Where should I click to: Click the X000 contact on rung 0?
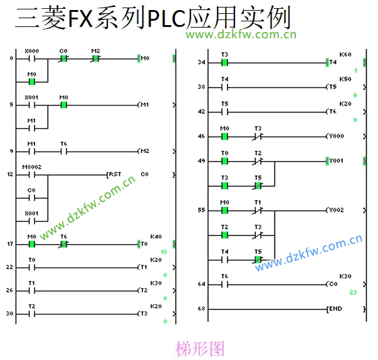point(31,58)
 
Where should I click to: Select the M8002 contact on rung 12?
point(31,174)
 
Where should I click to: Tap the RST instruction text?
point(115,174)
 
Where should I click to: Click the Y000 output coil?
point(335,135)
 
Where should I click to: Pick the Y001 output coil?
point(335,161)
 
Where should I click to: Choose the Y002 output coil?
point(335,210)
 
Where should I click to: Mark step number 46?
point(201,136)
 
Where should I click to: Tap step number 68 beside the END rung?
point(201,309)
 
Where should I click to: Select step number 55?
point(201,211)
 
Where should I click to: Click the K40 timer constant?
point(156,236)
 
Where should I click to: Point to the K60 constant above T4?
point(345,55)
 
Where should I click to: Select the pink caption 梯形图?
point(201,347)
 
